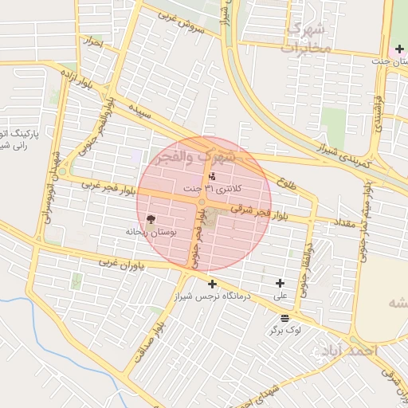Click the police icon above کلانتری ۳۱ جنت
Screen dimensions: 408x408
[211, 177]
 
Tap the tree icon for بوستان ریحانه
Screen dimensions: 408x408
[151, 219]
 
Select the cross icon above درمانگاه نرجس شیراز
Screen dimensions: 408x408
[212, 284]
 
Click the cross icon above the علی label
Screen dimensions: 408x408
[280, 283]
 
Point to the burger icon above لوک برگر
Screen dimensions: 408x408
[284, 317]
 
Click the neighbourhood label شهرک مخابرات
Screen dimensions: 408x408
[304, 39]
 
